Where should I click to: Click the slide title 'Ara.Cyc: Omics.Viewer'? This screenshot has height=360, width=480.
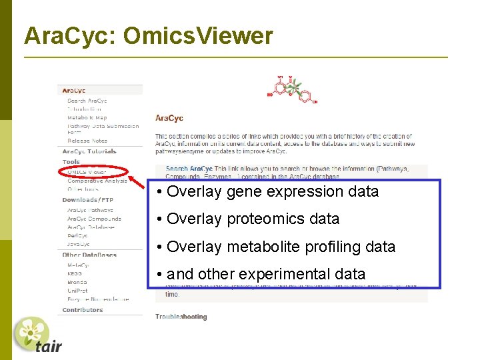pyautogui.click(x=148, y=36)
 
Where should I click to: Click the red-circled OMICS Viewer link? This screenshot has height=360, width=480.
pyautogui.click(x=87, y=172)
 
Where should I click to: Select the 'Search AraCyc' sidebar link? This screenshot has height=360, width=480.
pyautogui.click(x=87, y=101)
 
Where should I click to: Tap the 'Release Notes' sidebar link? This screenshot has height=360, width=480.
pyautogui.click(x=87, y=141)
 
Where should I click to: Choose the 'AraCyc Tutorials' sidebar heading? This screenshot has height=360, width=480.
pyautogui.click(x=89, y=151)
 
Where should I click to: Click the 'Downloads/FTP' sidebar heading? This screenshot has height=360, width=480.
pyautogui.click(x=88, y=200)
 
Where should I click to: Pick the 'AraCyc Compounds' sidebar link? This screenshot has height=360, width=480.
pyautogui.click(x=94, y=219)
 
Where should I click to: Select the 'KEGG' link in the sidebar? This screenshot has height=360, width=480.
pyautogui.click(x=75, y=273)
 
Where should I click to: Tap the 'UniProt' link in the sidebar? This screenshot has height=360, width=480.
pyautogui.click(x=77, y=291)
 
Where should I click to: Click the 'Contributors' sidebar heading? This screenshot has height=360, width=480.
pyautogui.click(x=83, y=310)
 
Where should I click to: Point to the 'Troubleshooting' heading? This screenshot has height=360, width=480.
pyautogui.click(x=181, y=317)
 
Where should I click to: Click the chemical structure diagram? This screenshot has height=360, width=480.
pyautogui.click(x=292, y=89)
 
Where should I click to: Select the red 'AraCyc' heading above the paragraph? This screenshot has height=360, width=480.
pyautogui.click(x=169, y=118)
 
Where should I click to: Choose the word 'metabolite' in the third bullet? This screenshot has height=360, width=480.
pyautogui.click(x=263, y=247)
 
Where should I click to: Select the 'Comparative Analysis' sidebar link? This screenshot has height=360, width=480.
pyautogui.click(x=97, y=181)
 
